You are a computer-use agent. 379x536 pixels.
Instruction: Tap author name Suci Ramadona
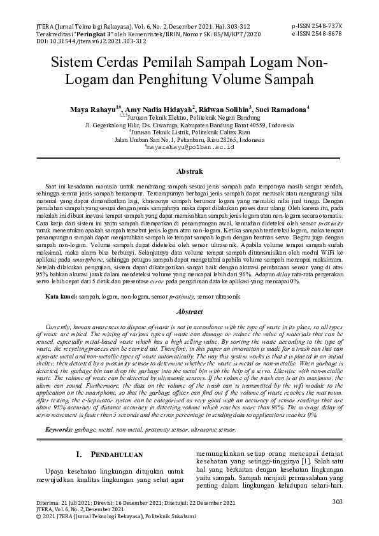282,109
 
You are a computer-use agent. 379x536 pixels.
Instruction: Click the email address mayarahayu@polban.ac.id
190,146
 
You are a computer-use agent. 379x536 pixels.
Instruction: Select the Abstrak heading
189,171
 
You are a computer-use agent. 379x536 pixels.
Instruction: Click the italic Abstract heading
189,312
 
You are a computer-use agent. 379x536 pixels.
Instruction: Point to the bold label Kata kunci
42,297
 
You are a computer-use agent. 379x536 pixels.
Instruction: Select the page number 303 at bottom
338,502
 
